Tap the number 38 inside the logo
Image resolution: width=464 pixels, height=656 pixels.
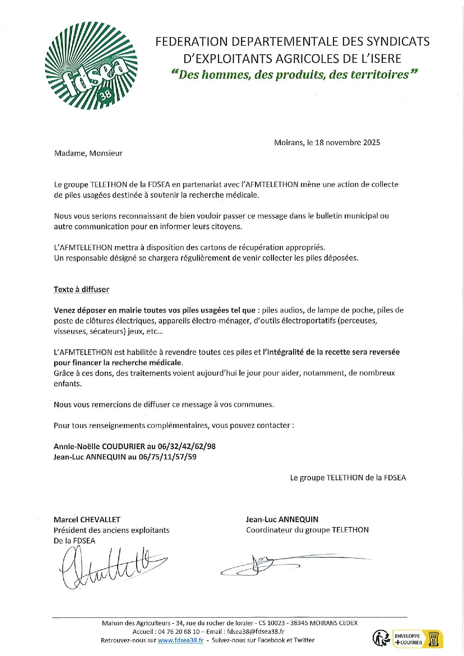point(106,95)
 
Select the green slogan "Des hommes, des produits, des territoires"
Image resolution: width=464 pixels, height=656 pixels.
point(294,75)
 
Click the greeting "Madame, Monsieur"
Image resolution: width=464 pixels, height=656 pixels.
point(88,153)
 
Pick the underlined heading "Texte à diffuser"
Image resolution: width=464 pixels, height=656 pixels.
point(82,289)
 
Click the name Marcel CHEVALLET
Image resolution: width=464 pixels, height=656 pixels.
point(87,519)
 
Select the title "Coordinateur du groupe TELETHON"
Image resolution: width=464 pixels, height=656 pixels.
point(307,530)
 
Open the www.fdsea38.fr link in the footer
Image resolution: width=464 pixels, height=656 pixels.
point(180,640)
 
